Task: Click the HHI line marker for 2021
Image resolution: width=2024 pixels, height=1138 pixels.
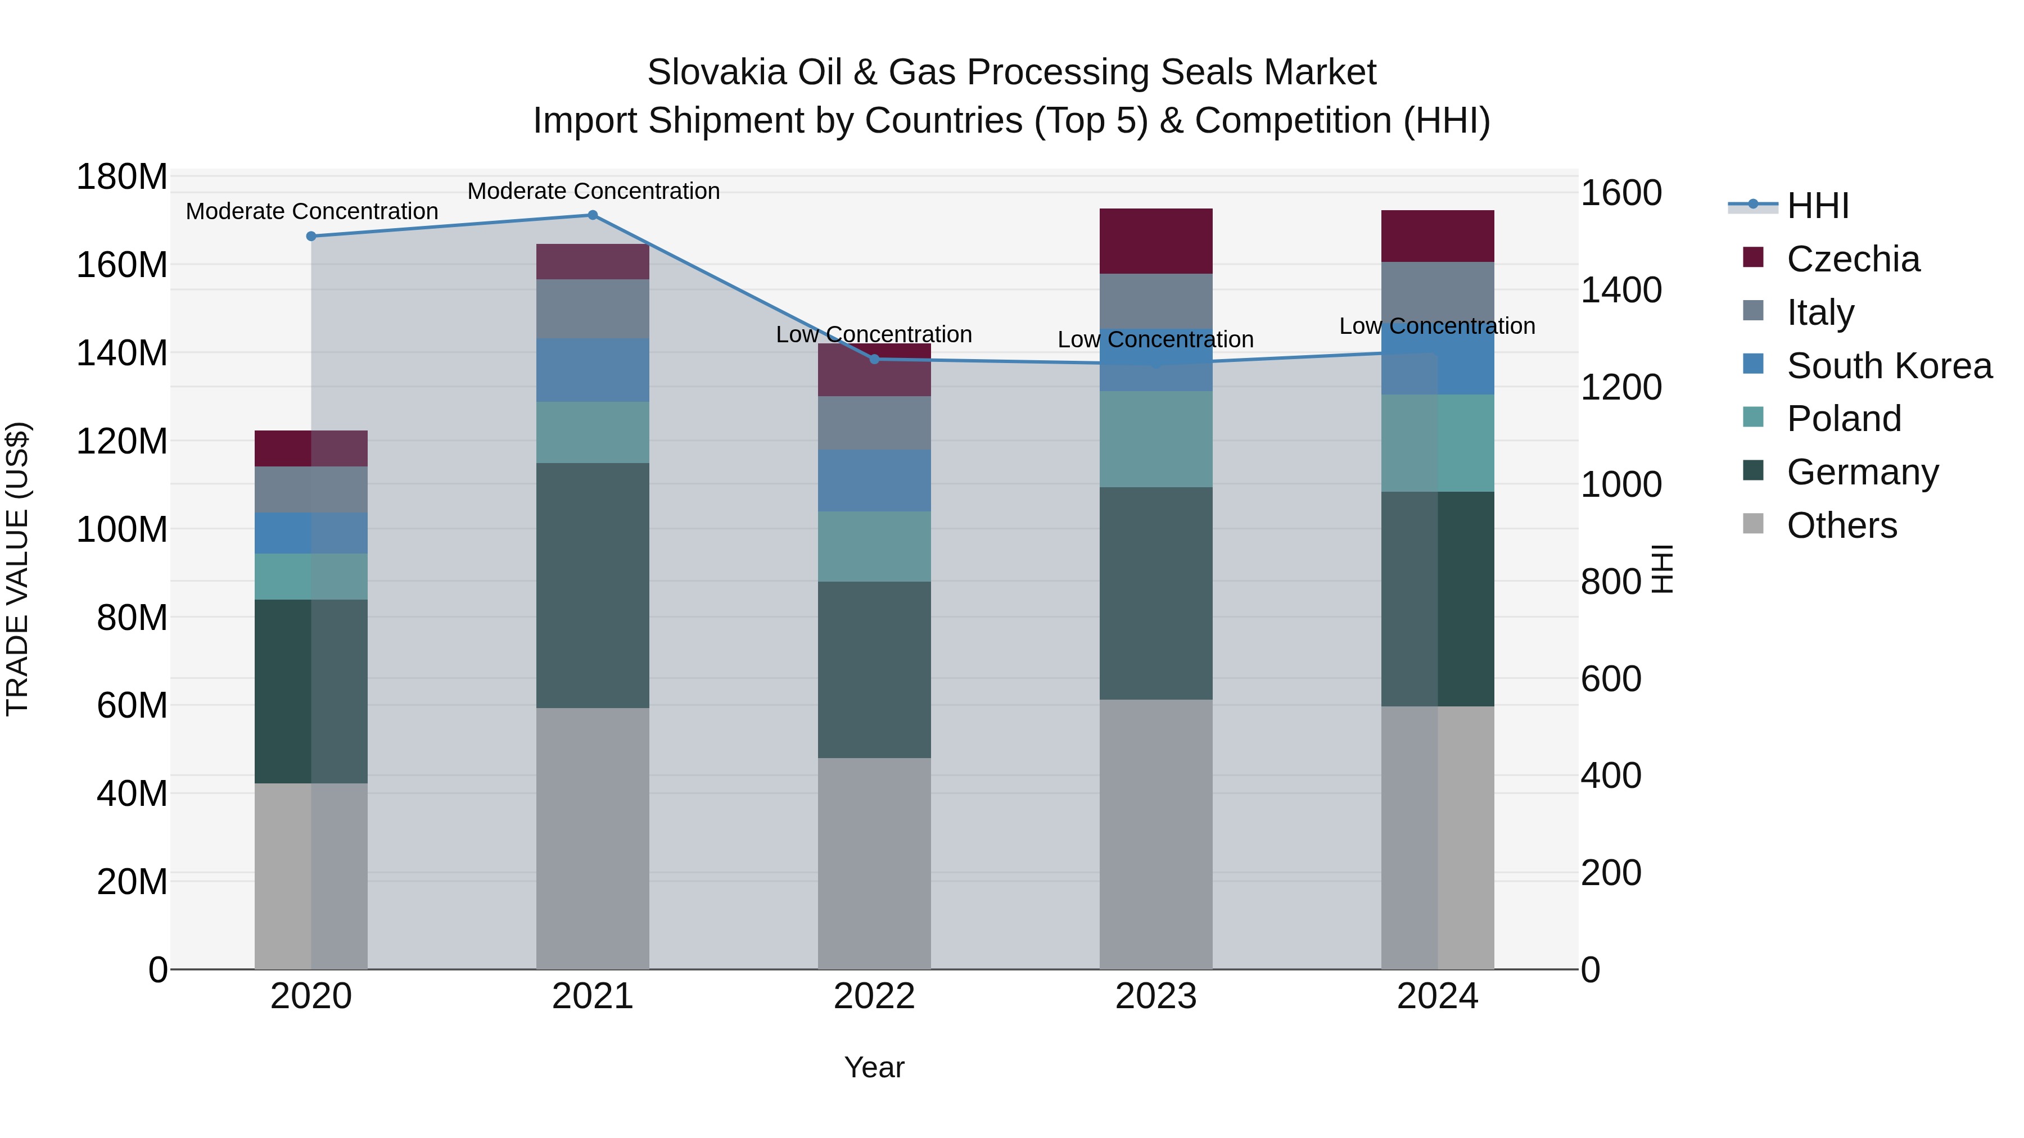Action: [593, 215]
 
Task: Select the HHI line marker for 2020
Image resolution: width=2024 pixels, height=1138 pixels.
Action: [311, 237]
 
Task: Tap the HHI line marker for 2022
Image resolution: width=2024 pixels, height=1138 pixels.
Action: [874, 360]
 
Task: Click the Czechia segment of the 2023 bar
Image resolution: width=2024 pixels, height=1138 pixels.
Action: [1156, 241]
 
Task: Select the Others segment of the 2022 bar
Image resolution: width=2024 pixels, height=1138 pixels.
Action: [874, 863]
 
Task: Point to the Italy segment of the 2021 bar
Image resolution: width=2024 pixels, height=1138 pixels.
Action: [593, 309]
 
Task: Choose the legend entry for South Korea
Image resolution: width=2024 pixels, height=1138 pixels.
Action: [1889, 366]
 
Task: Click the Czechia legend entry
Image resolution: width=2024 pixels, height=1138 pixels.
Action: [1853, 259]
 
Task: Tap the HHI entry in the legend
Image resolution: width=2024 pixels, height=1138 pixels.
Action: [1817, 206]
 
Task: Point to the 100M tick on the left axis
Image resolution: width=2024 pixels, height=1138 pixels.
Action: [122, 530]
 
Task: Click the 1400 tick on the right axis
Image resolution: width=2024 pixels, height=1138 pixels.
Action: [1620, 291]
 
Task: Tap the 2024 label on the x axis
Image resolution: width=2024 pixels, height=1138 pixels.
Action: [1437, 996]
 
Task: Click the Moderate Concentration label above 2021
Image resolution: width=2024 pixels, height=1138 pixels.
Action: [593, 191]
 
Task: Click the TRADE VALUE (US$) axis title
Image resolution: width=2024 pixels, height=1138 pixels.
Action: [17, 569]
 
